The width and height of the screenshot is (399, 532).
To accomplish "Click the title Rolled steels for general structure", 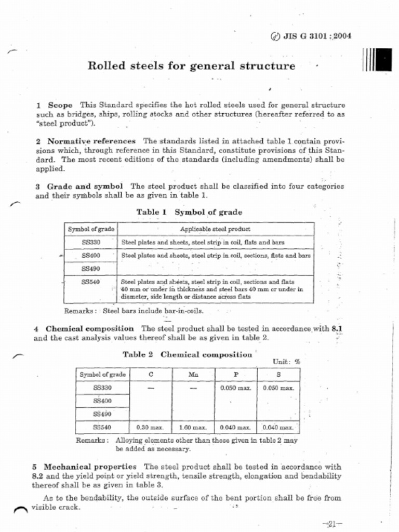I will tap(191, 66).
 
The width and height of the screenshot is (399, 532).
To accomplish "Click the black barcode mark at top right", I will tap(377, 59).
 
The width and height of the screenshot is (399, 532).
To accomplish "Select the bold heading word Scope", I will tap(60, 105).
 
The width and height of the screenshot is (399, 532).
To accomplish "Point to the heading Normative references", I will tap(91, 141).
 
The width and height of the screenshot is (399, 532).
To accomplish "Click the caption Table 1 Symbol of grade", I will tap(189, 212).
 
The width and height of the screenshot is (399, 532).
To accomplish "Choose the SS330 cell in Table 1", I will tap(91, 242).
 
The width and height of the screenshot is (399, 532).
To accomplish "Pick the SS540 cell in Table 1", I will tap(91, 282).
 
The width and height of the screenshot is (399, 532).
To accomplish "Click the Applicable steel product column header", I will tap(215, 229).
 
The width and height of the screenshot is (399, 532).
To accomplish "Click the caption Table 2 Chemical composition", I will tap(187, 355).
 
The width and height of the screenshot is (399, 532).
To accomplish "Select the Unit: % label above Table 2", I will tap(286, 362).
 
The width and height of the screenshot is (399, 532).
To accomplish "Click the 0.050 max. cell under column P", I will tap(235, 388).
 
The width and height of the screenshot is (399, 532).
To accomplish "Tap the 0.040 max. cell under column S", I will tap(278, 427).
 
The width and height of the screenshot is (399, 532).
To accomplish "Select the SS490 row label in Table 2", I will tap(102, 414).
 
